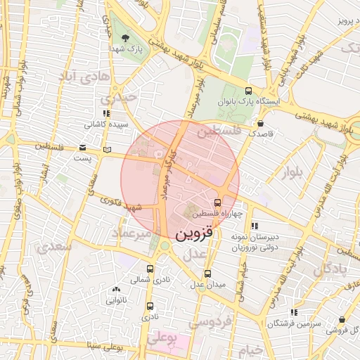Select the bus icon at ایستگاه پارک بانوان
tap(248, 91)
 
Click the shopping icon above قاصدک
tap(261, 122)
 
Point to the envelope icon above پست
tap(82, 148)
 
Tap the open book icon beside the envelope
tap(107, 149)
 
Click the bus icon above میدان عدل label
tap(207, 274)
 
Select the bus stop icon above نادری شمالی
tap(150, 269)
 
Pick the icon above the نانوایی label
tap(117, 290)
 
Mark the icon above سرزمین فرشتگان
tap(294, 311)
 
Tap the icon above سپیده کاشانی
tap(107, 113)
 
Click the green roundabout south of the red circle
tap(166, 246)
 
